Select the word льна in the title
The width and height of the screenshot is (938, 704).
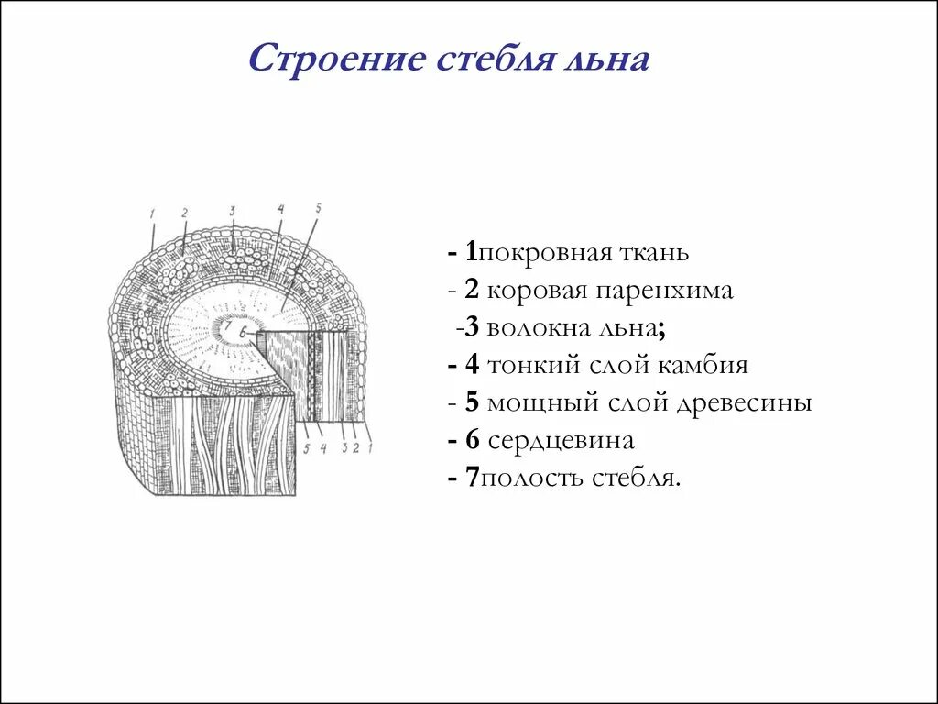[x=613, y=60]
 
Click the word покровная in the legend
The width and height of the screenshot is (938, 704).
[x=539, y=252]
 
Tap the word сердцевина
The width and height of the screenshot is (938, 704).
[x=561, y=441]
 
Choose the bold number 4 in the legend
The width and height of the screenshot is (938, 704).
[x=472, y=366]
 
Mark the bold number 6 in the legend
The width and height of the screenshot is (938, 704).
[x=472, y=441]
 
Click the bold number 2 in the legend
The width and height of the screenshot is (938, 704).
[x=472, y=291]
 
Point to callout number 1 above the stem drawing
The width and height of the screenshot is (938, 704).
[x=153, y=214]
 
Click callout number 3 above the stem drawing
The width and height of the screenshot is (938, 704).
[x=233, y=211]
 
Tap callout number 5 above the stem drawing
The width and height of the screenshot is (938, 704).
[x=318, y=208]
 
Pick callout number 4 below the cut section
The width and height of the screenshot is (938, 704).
[x=322, y=447]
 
